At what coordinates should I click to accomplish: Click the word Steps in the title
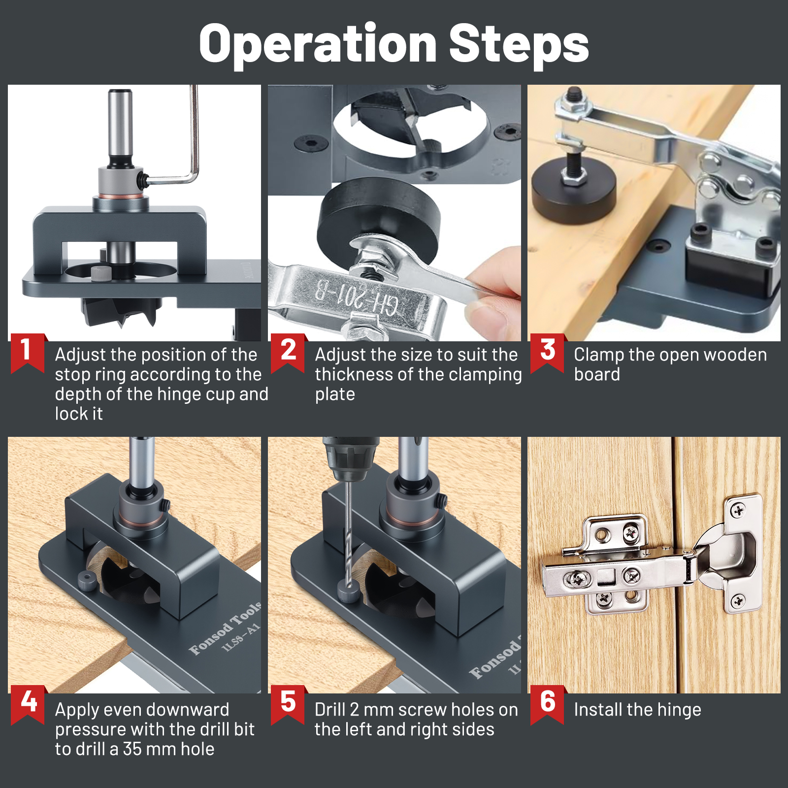pyautogui.click(x=519, y=44)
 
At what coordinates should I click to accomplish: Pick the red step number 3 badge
pyautogui.click(x=548, y=352)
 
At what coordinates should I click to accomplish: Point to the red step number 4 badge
pyautogui.click(x=29, y=703)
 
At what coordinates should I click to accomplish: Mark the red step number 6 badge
pyautogui.click(x=548, y=703)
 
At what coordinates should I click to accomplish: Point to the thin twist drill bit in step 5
pyautogui.click(x=349, y=532)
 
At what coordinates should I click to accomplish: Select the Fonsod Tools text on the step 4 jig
pyautogui.click(x=226, y=628)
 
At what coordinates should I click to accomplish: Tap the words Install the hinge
pyautogui.click(x=637, y=710)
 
